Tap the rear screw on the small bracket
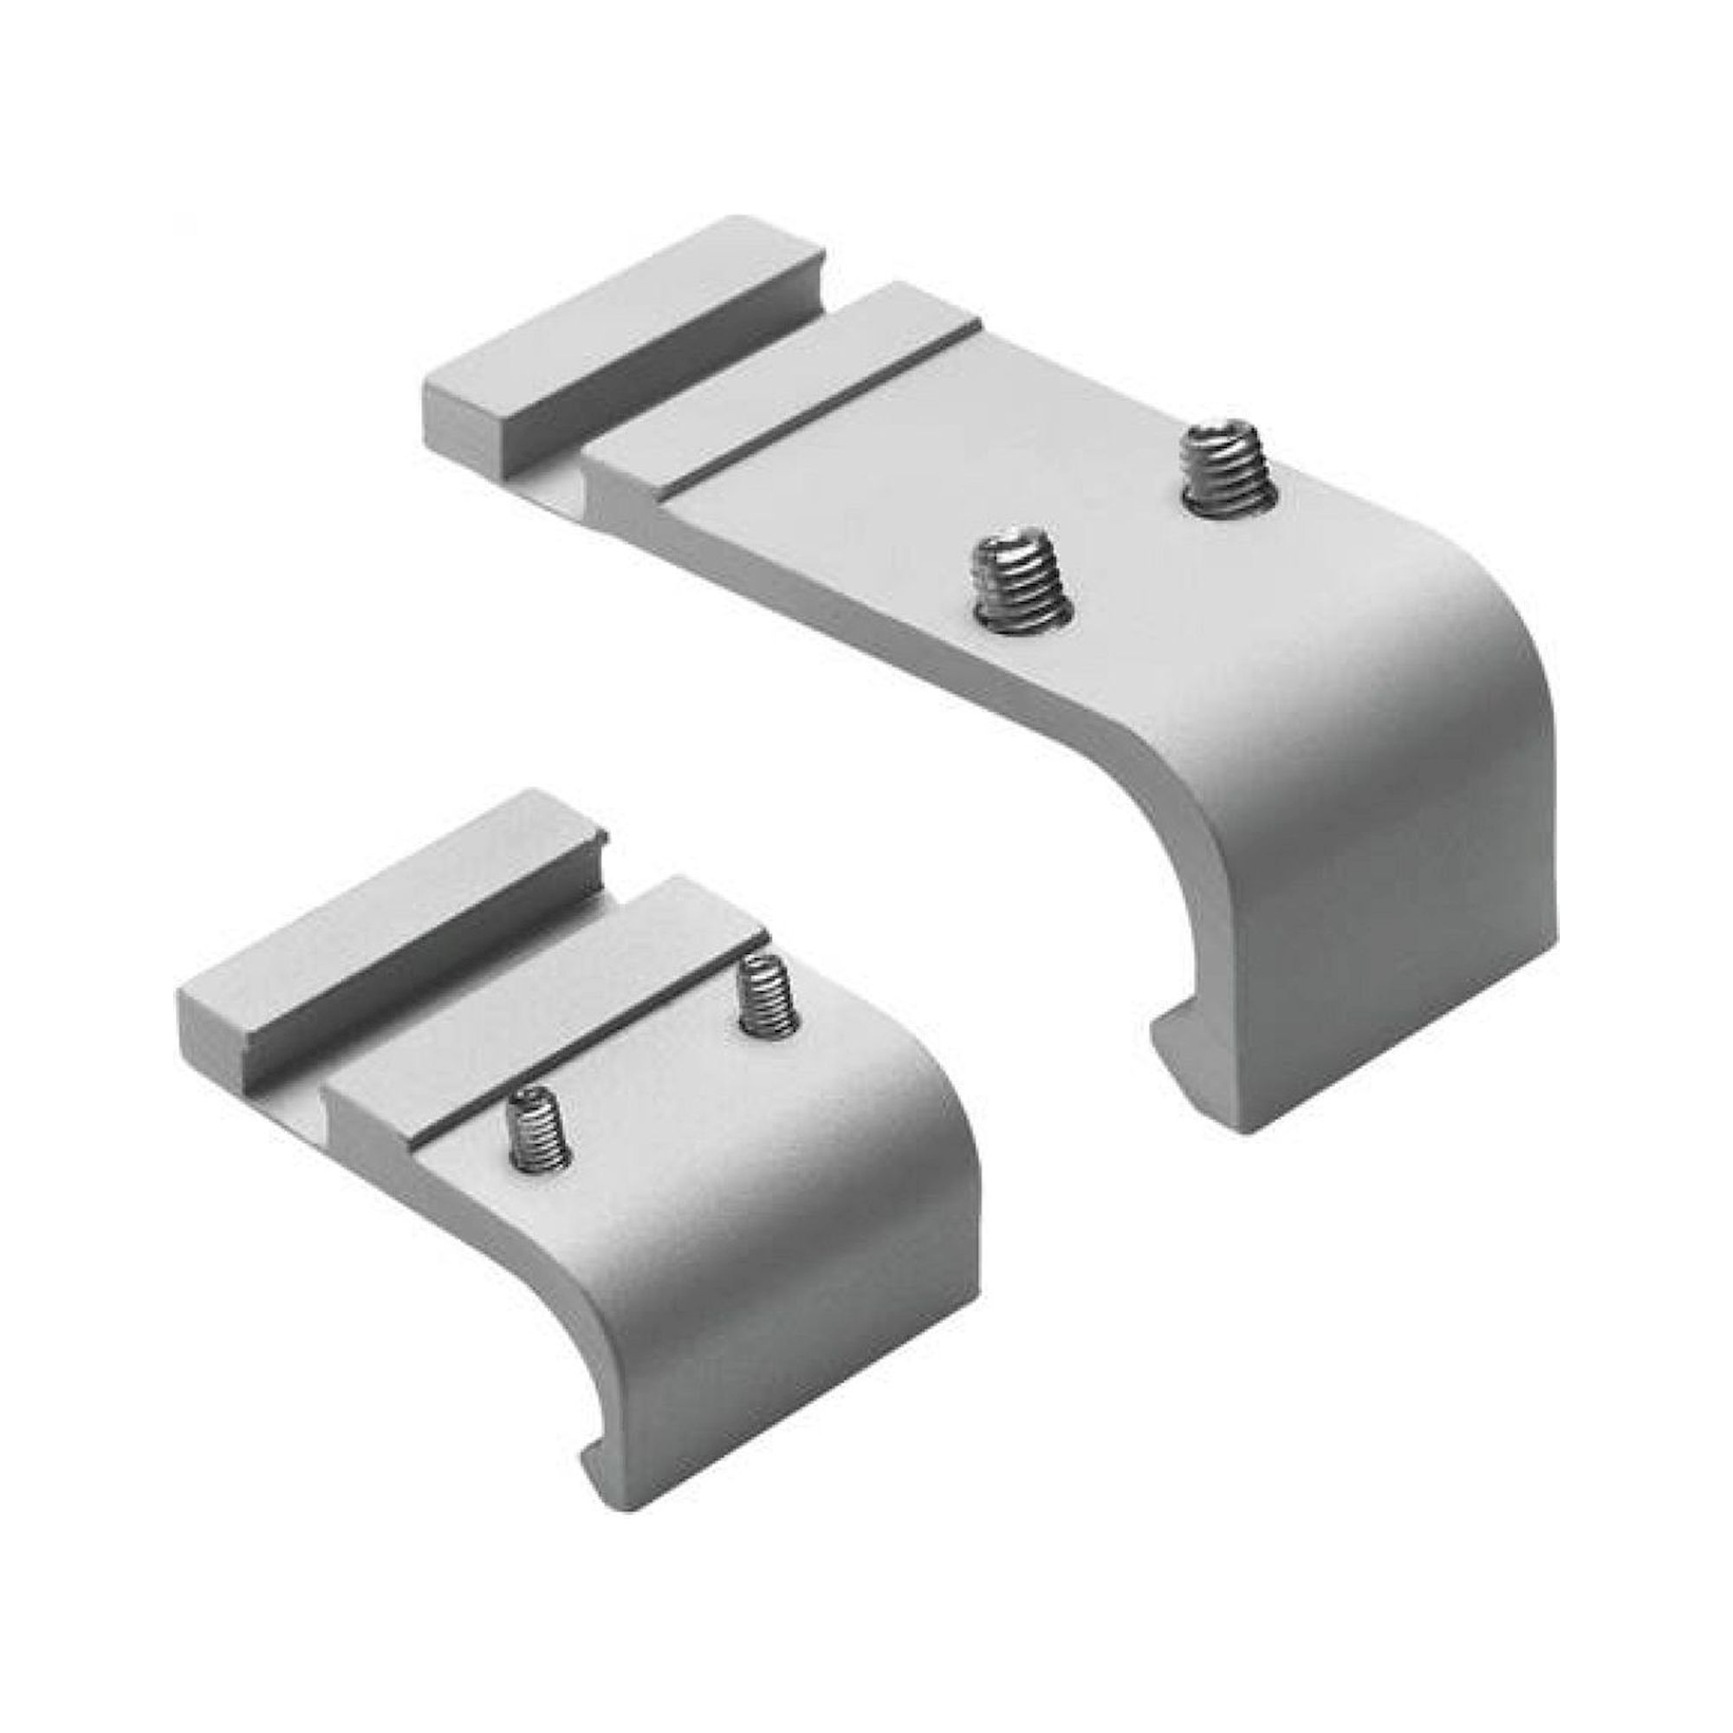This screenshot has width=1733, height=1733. (x=767, y=993)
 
